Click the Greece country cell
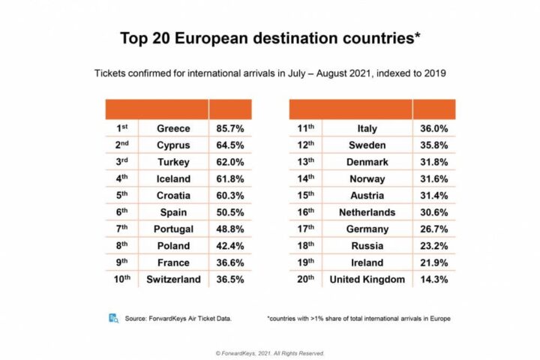[x=173, y=128]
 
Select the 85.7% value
[x=230, y=128]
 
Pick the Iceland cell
[x=173, y=178]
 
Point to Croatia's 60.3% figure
[x=230, y=196]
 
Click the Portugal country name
[x=173, y=229]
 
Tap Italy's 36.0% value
[x=433, y=128]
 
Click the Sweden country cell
[x=367, y=145]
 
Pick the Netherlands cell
[x=367, y=212]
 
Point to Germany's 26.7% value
[x=433, y=229]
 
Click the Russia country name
[x=367, y=246]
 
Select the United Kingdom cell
[x=367, y=280]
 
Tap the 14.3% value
[x=433, y=280]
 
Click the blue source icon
[x=113, y=318]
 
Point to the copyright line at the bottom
[x=269, y=351]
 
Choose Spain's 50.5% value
[x=230, y=212]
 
